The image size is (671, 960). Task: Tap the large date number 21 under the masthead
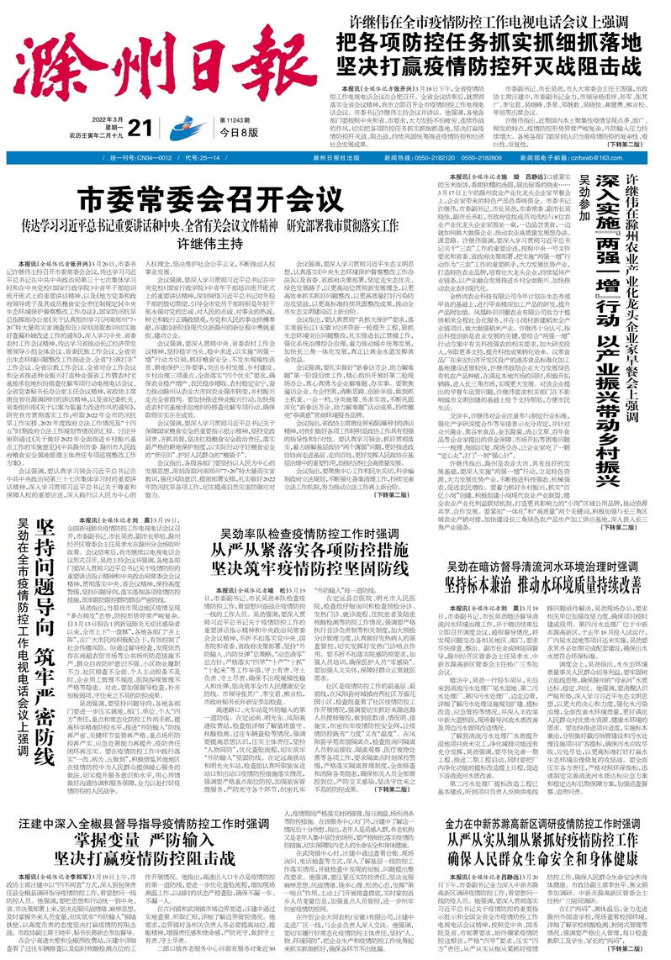coord(162,127)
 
